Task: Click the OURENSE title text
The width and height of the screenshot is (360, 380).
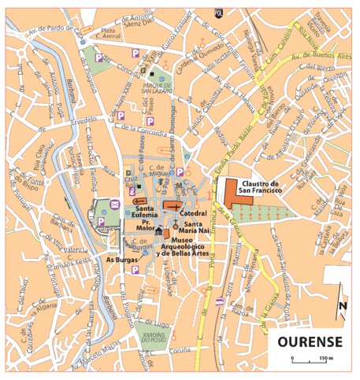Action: coord(308,343)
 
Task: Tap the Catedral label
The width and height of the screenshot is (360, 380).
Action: coord(194,212)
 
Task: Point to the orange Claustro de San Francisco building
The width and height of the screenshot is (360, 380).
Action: coord(238,194)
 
